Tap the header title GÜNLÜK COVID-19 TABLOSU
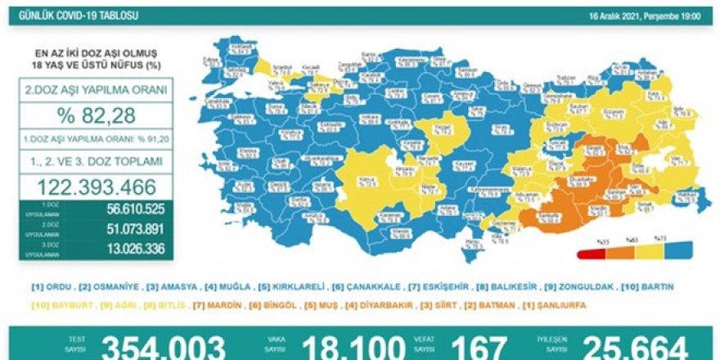[x=65, y=16]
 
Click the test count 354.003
[x=164, y=348]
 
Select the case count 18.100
[x=353, y=348]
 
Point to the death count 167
[x=483, y=348]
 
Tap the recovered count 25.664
[x=631, y=348]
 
